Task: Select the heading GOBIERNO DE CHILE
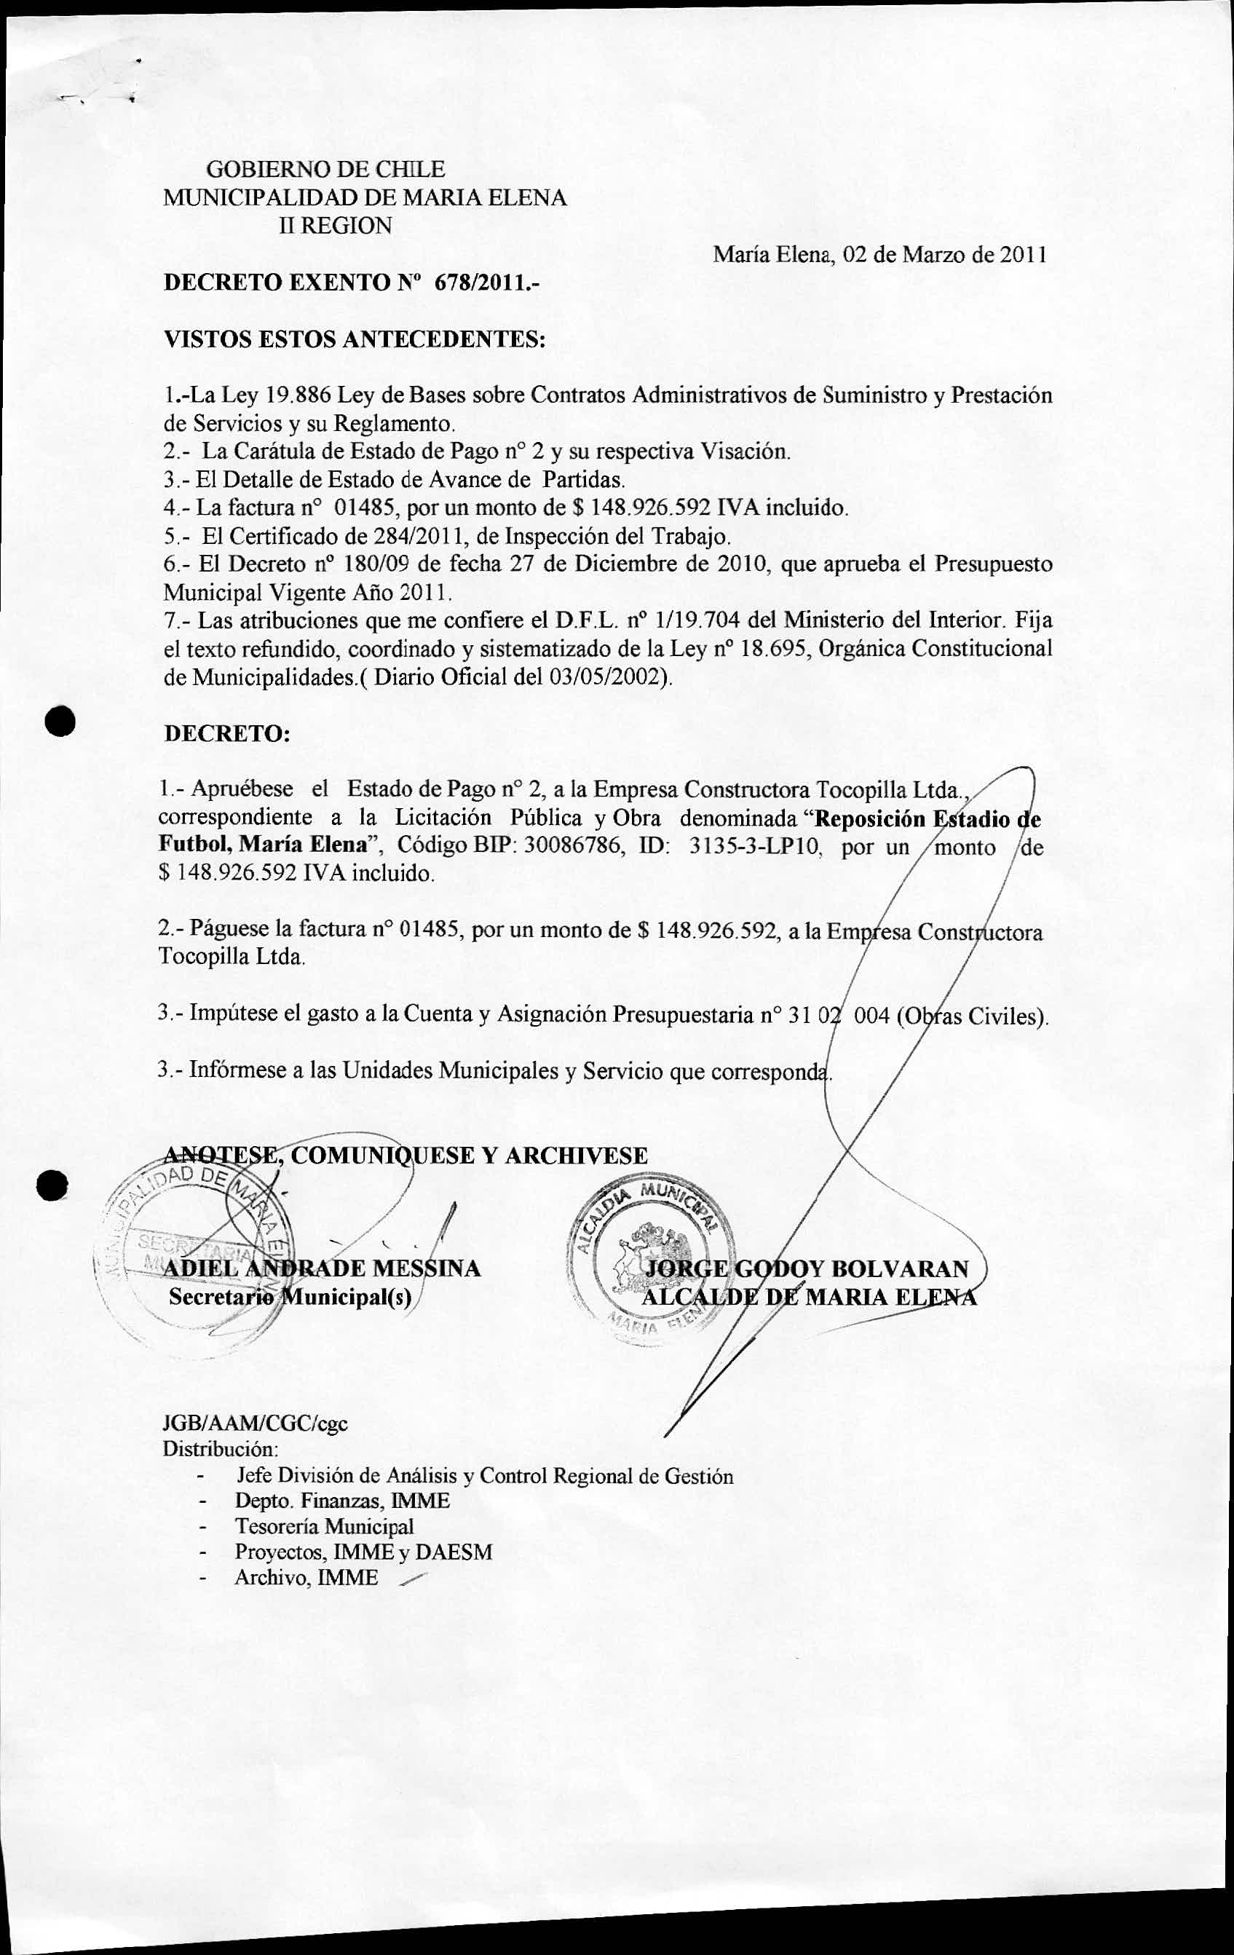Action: [326, 170]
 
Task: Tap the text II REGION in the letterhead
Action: [336, 226]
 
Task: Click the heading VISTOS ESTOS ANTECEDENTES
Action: [354, 339]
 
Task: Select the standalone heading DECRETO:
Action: [226, 733]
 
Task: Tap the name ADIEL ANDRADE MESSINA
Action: [323, 1268]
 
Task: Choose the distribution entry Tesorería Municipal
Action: [324, 1526]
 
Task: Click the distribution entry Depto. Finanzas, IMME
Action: [341, 1501]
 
